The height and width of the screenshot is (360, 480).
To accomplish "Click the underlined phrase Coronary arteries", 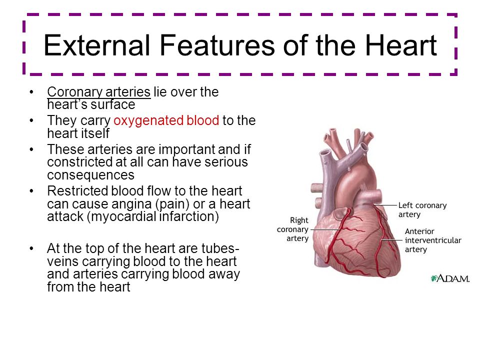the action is point(99,92).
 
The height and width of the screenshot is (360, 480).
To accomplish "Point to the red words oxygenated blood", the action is point(166,120).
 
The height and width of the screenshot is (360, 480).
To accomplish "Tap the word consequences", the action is point(90,175).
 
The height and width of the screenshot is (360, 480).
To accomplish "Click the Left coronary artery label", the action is point(422,209).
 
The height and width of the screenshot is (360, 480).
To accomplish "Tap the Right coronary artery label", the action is point(292,229).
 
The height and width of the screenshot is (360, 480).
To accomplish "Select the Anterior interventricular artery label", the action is point(433,240).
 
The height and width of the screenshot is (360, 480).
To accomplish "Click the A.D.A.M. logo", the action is point(450,278).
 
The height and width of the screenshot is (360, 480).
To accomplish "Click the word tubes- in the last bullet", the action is point(219,248).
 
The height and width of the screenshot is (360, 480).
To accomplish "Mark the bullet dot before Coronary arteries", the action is point(31,92).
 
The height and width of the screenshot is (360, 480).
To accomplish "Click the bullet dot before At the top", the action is point(31,248).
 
